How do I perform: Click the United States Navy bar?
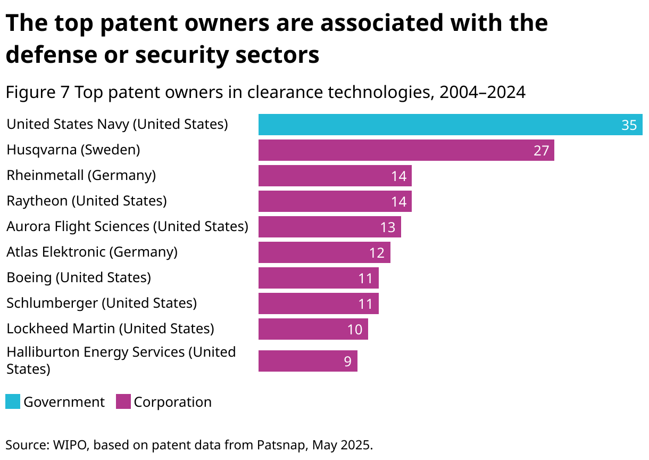[450, 125]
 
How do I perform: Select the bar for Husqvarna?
[406, 150]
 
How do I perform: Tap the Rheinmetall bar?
[335, 176]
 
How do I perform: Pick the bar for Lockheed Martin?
[313, 329]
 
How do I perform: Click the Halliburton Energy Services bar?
[307, 361]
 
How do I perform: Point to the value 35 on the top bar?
[629, 125]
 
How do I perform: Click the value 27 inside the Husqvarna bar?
[541, 151]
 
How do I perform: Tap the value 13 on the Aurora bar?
[388, 227]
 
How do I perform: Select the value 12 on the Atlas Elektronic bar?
[377, 253]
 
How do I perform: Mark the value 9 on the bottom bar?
[347, 362]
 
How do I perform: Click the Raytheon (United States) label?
[87, 201]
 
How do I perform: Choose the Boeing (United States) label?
[79, 277]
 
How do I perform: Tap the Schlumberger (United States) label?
[102, 303]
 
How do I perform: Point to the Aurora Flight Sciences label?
[127, 226]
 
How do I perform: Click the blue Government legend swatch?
[13, 401]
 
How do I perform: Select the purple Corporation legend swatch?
[123, 401]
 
